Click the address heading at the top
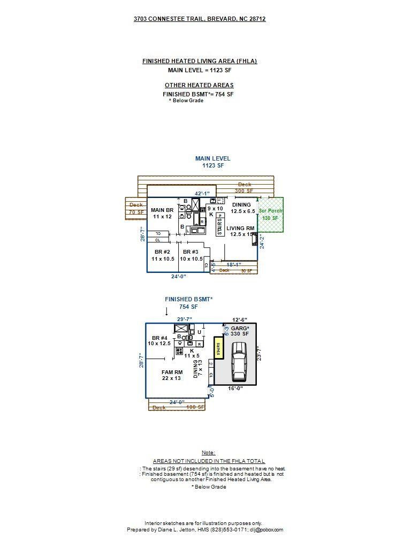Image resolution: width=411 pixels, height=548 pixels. click(x=200, y=19)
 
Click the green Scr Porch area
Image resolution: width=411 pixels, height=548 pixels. click(x=270, y=215)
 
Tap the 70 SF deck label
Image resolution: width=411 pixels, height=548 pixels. click(x=136, y=212)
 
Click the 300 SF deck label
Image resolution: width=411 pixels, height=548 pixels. click(x=243, y=191)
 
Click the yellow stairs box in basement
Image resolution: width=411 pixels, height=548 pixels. click(x=218, y=349)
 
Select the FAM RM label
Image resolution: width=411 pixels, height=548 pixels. click(x=172, y=375)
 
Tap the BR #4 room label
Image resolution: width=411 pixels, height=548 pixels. click(x=161, y=341)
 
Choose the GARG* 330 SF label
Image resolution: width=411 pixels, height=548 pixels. click(x=240, y=331)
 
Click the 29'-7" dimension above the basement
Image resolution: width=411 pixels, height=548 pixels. click(x=185, y=319)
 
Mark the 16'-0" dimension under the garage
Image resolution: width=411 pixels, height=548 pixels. click(x=235, y=389)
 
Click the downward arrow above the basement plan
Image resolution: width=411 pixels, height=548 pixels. click(x=166, y=311)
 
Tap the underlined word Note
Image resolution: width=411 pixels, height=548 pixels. click(x=209, y=453)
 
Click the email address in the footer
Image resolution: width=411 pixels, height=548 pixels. click(x=266, y=530)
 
